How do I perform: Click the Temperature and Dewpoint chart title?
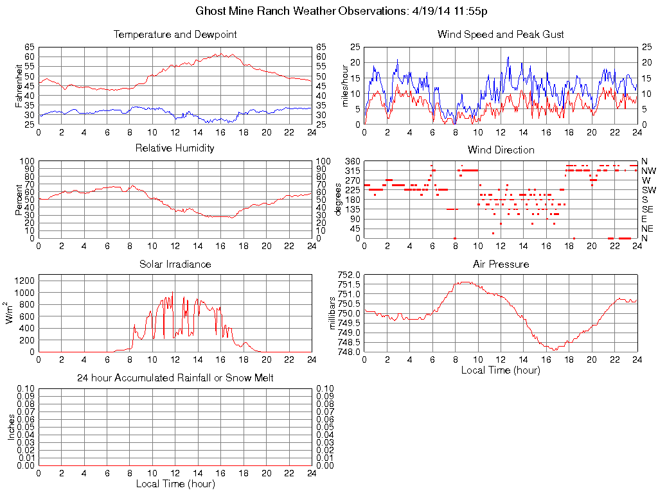point(175,34)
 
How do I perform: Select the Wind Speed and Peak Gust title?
point(501,34)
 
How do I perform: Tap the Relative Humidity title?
point(175,148)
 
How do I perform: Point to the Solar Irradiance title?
point(175,264)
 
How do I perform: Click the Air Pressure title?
point(501,264)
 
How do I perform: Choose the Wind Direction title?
point(501,150)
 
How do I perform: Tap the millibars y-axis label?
point(333,313)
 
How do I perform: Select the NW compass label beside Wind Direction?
point(648,171)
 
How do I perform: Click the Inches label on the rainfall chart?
point(12,427)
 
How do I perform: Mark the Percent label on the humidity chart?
point(19,200)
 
